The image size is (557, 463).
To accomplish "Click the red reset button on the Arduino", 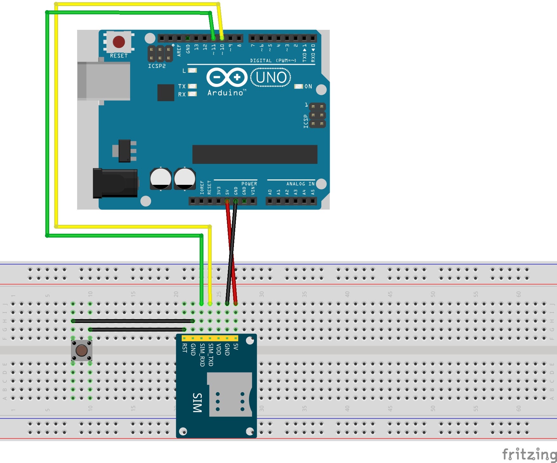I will pyautogui.click(x=119, y=42).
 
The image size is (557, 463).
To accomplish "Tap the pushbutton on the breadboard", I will pyautogui.click(x=82, y=351).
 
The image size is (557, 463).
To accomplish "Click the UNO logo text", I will pyautogui.click(x=271, y=77).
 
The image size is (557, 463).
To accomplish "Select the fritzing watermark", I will pyautogui.click(x=529, y=454).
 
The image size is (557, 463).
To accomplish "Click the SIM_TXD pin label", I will pyautogui.click(x=210, y=355).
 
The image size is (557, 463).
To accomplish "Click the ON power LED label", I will pyautogui.click(x=308, y=86).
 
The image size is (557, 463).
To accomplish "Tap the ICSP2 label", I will pyautogui.click(x=157, y=66).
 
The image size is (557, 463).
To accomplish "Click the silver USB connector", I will pyautogui.click(x=104, y=81).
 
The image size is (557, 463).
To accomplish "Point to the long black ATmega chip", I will pyautogui.click(x=255, y=154).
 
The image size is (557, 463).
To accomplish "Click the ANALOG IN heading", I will pyautogui.click(x=300, y=184).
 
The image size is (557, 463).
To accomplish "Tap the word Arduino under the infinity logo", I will pyautogui.click(x=225, y=93).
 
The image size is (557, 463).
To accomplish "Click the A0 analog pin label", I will pyautogui.click(x=270, y=192).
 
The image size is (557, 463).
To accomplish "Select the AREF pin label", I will pyautogui.click(x=179, y=50).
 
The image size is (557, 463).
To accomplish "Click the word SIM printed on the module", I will pyautogui.click(x=197, y=402).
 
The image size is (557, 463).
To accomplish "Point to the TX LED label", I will pyautogui.click(x=182, y=86).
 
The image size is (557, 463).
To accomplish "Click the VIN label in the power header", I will pyautogui.click(x=253, y=191).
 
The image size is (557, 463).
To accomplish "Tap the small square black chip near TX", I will pyautogui.click(x=166, y=92).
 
